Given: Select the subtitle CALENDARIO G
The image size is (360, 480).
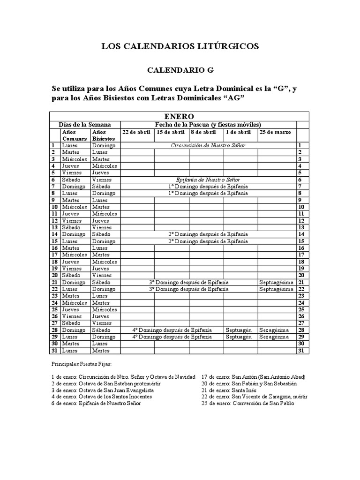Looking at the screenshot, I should click(180, 70).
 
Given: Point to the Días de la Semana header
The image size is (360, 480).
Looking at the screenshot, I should click(85, 125).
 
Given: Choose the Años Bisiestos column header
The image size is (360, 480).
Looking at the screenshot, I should click(103, 135).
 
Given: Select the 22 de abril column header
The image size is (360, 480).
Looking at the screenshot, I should click(136, 132).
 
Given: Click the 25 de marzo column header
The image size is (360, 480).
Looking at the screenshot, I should click(275, 132).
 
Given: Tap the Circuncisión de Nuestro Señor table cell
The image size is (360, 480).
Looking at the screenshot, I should click(208, 145).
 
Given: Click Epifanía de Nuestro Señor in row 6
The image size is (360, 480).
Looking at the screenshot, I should click(208, 180).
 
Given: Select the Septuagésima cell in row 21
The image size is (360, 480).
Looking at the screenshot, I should click(276, 282).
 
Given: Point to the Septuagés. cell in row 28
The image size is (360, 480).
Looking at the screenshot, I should click(239, 330).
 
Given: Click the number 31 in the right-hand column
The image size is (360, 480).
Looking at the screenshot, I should click(302, 351).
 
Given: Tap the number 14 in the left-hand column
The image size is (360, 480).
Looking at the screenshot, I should click(54, 234).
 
